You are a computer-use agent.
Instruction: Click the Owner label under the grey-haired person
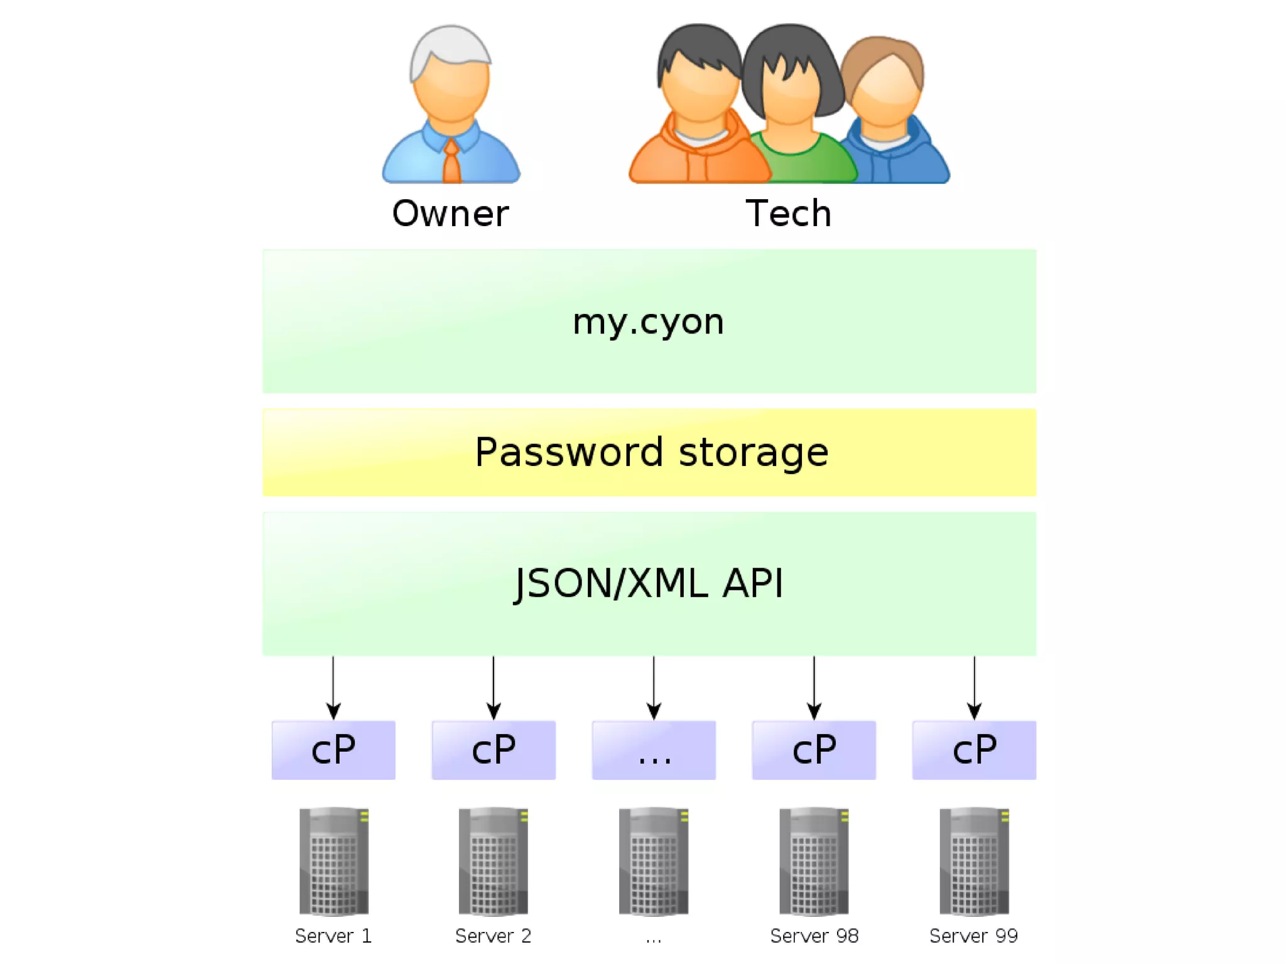pyautogui.click(x=450, y=214)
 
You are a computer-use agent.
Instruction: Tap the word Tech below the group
pyautogui.click(x=789, y=214)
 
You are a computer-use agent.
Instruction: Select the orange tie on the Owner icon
pyautogui.click(x=451, y=162)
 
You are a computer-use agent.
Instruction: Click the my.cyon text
pyautogui.click(x=649, y=322)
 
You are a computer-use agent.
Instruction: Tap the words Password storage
pyautogui.click(x=652, y=452)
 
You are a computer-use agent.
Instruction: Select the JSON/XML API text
pyautogui.click(x=649, y=583)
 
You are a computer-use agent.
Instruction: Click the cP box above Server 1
pyautogui.click(x=333, y=750)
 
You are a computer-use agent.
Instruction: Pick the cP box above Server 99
pyautogui.click(x=974, y=750)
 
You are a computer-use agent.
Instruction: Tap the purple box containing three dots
pyautogui.click(x=654, y=750)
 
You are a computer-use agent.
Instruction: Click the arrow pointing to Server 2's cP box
pyautogui.click(x=494, y=688)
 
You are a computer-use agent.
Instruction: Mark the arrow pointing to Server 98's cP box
pyautogui.click(x=814, y=688)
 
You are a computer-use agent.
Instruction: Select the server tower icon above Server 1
pyautogui.click(x=333, y=860)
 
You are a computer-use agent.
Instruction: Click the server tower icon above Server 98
pyautogui.click(x=814, y=860)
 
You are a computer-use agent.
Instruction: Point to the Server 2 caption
pyautogui.click(x=494, y=936)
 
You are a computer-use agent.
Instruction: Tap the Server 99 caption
pyautogui.click(x=973, y=936)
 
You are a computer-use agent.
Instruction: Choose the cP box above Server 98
pyautogui.click(x=814, y=750)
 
